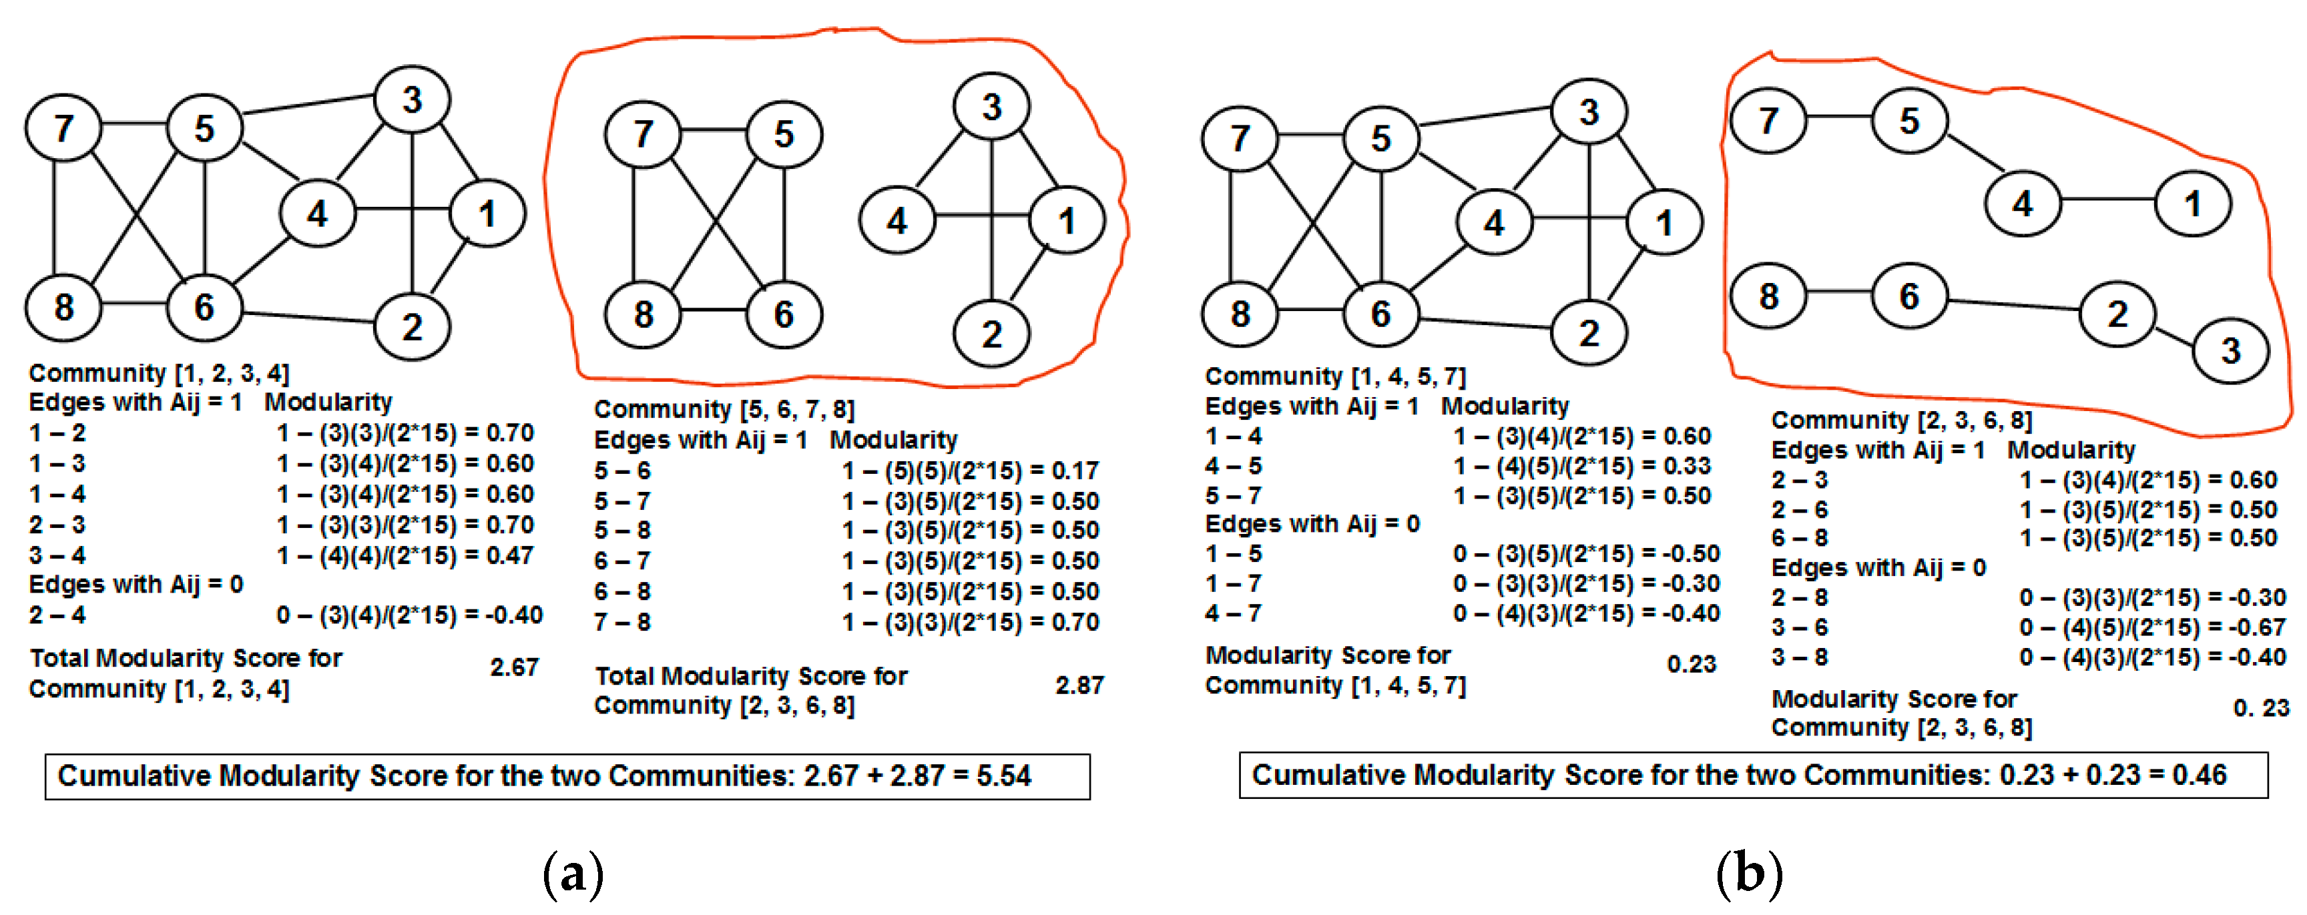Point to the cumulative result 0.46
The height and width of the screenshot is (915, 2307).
(2199, 774)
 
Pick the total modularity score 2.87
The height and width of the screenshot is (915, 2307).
(1079, 686)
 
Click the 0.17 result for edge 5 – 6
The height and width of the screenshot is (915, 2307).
(1075, 471)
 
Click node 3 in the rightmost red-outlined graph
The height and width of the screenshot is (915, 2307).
(2230, 350)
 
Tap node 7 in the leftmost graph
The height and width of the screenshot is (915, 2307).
(63, 129)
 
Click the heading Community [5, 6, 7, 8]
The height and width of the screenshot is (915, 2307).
(724, 410)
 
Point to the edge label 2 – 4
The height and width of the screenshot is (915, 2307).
(57, 615)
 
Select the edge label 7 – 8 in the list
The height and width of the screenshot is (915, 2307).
(621, 622)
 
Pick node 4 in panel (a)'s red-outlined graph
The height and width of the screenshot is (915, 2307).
(896, 220)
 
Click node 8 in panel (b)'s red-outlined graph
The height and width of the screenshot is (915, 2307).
(1767, 296)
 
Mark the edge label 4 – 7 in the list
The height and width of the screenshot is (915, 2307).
(1233, 614)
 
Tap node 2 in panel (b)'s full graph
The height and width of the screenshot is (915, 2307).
(1588, 333)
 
